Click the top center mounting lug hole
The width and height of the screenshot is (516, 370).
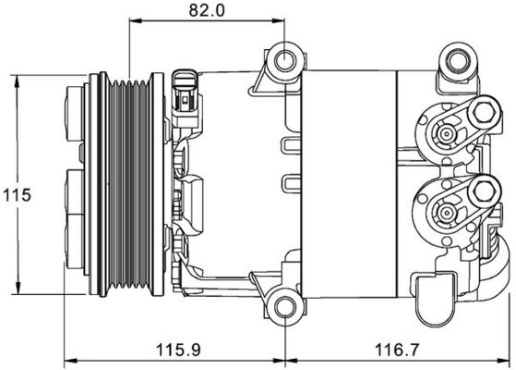(x=282, y=64)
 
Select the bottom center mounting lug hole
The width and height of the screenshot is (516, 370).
(x=283, y=306)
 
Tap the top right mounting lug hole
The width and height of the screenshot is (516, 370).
(x=454, y=62)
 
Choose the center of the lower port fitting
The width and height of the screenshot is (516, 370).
(x=446, y=214)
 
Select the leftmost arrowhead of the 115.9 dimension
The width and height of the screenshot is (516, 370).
(x=64, y=362)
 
